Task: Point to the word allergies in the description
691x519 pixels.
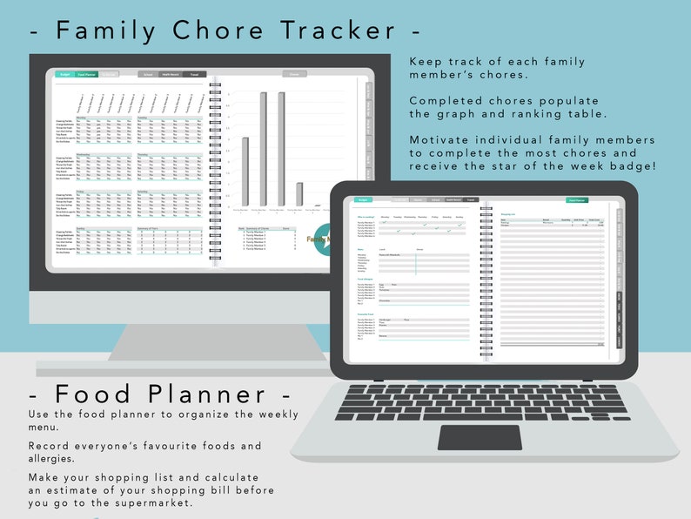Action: [58, 459]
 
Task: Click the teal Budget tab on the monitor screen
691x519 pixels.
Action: [64, 75]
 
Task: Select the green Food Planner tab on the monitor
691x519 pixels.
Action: [86, 75]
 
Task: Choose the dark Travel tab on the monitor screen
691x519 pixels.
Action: [194, 75]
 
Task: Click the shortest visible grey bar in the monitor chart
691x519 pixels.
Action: [299, 193]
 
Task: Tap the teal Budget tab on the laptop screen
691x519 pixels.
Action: [362, 199]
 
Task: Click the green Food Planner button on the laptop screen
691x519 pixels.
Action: [575, 199]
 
